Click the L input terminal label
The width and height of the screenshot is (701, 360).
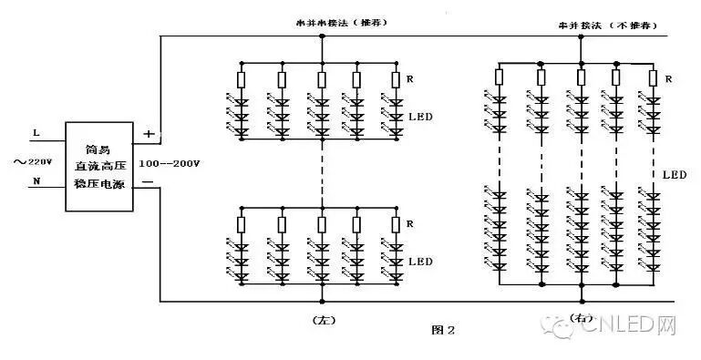pyautogui.click(x=36, y=133)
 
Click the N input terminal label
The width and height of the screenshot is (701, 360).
pyautogui.click(x=36, y=180)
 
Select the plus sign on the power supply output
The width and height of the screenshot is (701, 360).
pyautogui.click(x=149, y=133)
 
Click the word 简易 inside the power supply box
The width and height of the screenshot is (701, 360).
pyautogui.click(x=98, y=149)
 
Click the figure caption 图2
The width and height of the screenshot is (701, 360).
pyautogui.click(x=443, y=328)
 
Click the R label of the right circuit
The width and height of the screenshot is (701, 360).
pyautogui.click(x=670, y=79)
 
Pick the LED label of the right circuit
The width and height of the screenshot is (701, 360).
pyautogui.click(x=675, y=173)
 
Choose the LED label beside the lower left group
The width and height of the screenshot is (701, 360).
pyautogui.click(x=421, y=262)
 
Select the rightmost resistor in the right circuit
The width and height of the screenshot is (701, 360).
pyautogui.click(x=653, y=79)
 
